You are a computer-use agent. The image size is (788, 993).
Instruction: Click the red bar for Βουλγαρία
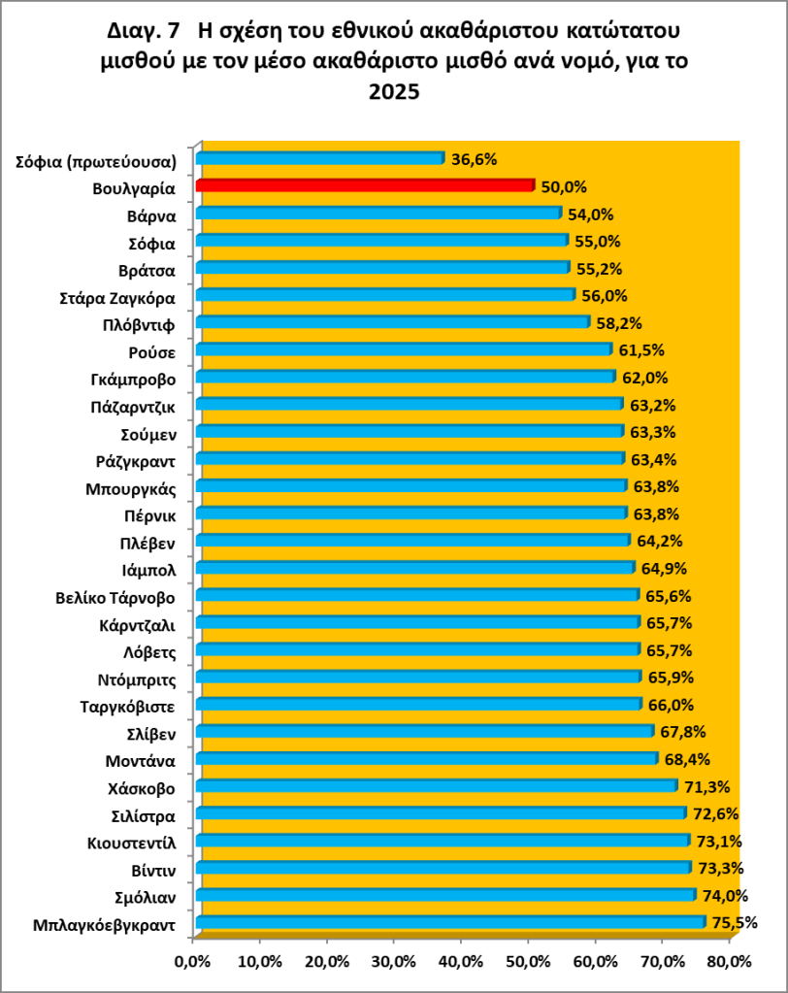(x=364, y=185)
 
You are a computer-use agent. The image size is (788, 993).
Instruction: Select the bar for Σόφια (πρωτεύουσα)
(x=319, y=158)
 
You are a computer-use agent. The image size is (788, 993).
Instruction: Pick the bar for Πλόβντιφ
(x=392, y=322)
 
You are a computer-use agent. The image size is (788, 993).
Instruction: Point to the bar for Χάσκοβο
(x=436, y=785)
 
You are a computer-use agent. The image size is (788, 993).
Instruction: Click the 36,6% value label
(x=473, y=159)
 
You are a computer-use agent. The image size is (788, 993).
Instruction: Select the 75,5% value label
(x=734, y=923)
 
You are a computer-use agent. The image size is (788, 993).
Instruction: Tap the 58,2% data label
(x=618, y=322)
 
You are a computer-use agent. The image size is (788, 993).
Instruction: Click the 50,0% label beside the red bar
(x=563, y=186)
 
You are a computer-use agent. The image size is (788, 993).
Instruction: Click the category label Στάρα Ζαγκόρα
(x=117, y=295)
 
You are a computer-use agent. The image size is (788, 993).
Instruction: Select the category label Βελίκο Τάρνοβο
(x=115, y=595)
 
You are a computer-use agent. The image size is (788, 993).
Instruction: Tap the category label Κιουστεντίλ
(x=130, y=841)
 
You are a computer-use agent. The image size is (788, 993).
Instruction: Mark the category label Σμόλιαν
(x=141, y=895)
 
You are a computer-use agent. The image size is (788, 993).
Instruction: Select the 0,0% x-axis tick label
(x=194, y=962)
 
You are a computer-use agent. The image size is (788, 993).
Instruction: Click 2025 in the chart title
(x=393, y=93)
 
